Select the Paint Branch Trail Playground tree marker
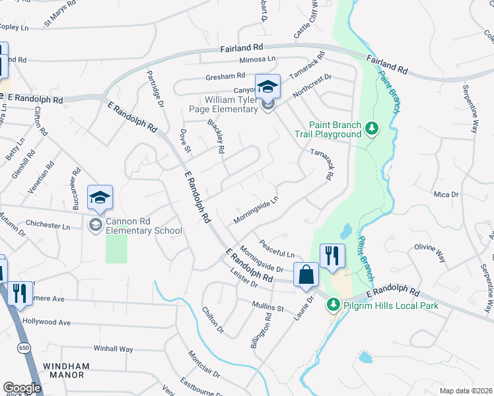click(x=372, y=127)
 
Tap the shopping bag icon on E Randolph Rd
click(x=306, y=274)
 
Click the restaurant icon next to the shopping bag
click(x=332, y=255)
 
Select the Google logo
click(x=22, y=388)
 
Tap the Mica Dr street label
click(x=446, y=195)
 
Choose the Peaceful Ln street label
click(x=277, y=249)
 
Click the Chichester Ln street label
click(x=47, y=226)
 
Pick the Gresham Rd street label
click(x=225, y=76)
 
